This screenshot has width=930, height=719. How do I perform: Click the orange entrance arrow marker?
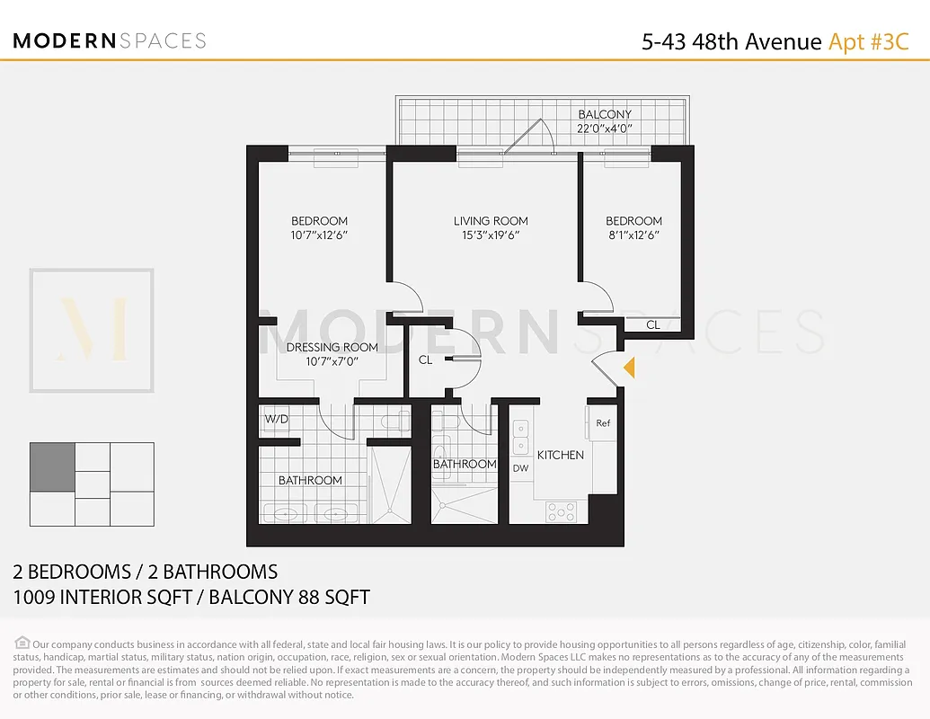pyautogui.click(x=630, y=367)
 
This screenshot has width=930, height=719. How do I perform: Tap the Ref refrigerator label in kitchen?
pyautogui.click(x=603, y=422)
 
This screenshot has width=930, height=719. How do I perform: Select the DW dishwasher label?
pyautogui.click(x=520, y=467)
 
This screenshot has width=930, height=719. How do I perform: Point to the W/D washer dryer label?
pyautogui.click(x=276, y=419)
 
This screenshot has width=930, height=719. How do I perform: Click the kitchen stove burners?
pyautogui.click(x=562, y=512)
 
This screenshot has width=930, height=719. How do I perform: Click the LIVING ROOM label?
pyautogui.click(x=491, y=221)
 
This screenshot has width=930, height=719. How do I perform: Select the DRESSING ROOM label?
pyautogui.click(x=332, y=347)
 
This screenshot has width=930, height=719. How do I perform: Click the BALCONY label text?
pyautogui.click(x=605, y=114)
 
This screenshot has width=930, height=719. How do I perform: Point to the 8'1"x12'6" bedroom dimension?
pyautogui.click(x=633, y=235)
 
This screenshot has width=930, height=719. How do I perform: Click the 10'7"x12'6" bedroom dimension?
pyautogui.click(x=319, y=235)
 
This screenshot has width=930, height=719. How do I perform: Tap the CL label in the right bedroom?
pyautogui.click(x=653, y=324)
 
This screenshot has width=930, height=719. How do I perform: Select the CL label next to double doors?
pyautogui.click(x=425, y=359)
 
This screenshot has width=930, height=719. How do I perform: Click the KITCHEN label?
pyautogui.click(x=561, y=455)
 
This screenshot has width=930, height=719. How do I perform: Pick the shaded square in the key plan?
pyautogui.click(x=52, y=466)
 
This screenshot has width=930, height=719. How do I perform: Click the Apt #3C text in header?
pyautogui.click(x=868, y=41)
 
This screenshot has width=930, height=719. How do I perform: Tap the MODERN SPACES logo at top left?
pyautogui.click(x=110, y=41)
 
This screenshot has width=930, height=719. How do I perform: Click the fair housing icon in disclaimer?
pyautogui.click(x=22, y=643)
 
